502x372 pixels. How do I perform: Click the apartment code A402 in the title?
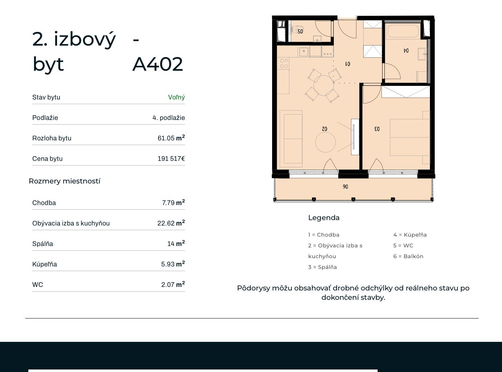157,64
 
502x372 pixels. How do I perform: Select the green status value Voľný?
176,97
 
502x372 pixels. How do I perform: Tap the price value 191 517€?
171,158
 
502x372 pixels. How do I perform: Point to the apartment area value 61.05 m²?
171,138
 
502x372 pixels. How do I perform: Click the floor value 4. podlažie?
169,118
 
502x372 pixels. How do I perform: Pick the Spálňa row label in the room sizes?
43,244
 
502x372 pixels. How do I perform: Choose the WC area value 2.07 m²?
173,284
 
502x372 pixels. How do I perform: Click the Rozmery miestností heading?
65,181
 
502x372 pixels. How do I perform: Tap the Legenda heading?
324,218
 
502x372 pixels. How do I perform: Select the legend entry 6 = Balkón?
408,256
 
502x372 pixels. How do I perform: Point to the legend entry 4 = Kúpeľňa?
410,234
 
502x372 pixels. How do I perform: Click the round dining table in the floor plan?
323,85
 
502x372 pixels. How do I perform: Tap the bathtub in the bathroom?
403,31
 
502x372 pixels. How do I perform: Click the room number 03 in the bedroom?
377,129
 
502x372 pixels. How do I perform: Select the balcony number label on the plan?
345,187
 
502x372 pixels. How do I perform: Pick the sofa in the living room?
291,139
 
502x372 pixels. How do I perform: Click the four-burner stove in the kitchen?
284,63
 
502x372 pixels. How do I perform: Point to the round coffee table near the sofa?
326,142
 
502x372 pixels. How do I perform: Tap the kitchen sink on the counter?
303,51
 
